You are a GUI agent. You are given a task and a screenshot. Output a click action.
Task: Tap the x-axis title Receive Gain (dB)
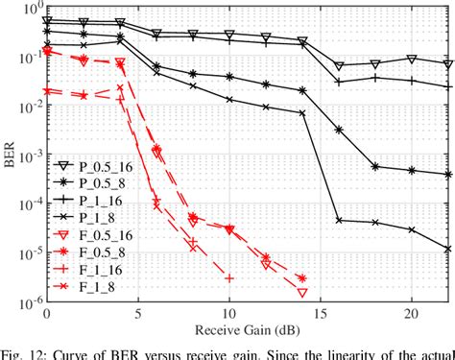point(248,330)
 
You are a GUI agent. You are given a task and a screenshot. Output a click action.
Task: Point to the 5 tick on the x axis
point(138,314)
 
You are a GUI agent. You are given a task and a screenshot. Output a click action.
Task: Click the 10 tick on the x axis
point(229,314)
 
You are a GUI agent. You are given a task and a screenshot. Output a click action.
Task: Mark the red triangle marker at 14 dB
point(302,292)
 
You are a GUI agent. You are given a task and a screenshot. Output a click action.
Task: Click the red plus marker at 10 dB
point(229,278)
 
